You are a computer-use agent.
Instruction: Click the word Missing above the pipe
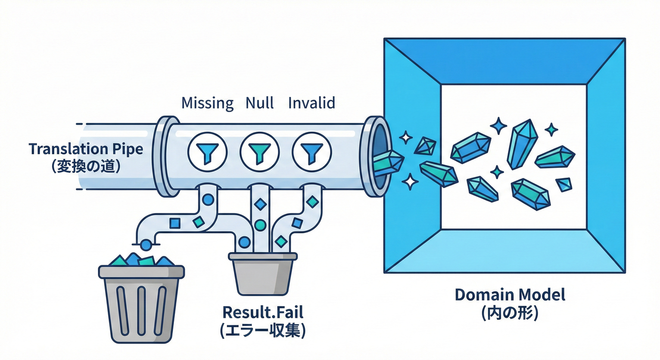point(207,103)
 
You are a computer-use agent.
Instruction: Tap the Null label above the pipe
point(260,103)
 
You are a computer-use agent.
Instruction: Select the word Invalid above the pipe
point(312,103)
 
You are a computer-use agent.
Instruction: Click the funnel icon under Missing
point(207,151)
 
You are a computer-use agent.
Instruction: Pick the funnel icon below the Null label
point(259,151)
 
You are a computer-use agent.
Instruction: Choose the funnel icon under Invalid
point(311,151)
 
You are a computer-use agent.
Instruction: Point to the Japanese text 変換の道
point(85,166)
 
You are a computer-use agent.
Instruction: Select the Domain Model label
point(510,295)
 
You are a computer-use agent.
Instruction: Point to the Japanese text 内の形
point(510,313)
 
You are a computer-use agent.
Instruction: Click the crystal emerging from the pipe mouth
point(388,162)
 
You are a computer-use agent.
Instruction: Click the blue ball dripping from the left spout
point(146,244)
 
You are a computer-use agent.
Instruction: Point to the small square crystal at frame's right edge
point(564,184)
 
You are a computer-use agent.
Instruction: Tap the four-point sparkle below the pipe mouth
point(411,181)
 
